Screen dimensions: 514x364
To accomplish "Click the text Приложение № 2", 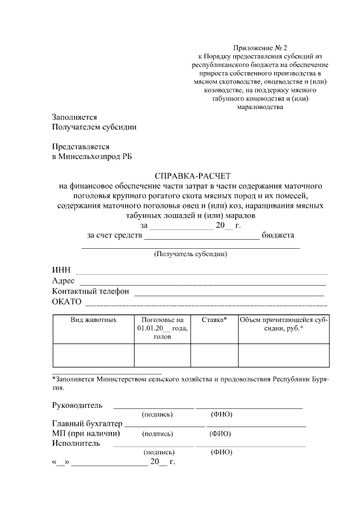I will [258, 47].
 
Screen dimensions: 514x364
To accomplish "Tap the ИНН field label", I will [61, 269].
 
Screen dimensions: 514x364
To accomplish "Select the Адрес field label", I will [64, 281].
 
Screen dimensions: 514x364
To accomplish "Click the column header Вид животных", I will [93, 320].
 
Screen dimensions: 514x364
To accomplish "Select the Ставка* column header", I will [214, 320].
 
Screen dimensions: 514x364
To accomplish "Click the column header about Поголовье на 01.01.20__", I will [162, 328].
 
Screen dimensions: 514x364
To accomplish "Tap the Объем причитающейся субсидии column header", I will [283, 324].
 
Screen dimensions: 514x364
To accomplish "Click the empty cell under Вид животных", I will [93, 356].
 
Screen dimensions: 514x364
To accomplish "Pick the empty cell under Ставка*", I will [214, 356].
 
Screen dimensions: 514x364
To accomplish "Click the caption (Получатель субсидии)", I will [191, 254].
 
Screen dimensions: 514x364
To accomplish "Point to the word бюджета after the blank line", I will [279, 235].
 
